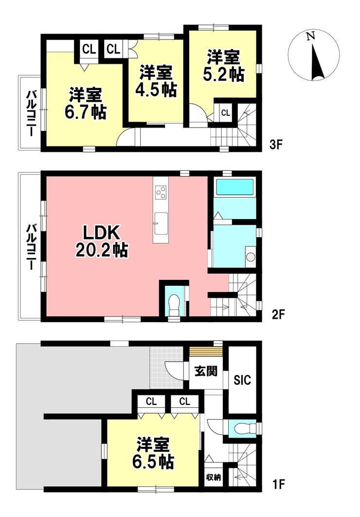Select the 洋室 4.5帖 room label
coord(156,81)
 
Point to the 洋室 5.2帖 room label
coord(223,66)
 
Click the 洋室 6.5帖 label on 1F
coord(153,453)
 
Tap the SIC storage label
coord(242,380)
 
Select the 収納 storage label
coord(213,477)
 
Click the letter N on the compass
coord(310,36)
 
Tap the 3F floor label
coord(276,144)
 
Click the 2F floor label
coord(278,314)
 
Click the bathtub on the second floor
coord(234,187)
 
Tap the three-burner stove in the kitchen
coord(161,192)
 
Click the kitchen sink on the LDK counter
coord(161,223)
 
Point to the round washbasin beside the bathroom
coord(251,257)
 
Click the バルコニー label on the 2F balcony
coord(31,247)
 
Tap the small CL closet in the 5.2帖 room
coord(225,113)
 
